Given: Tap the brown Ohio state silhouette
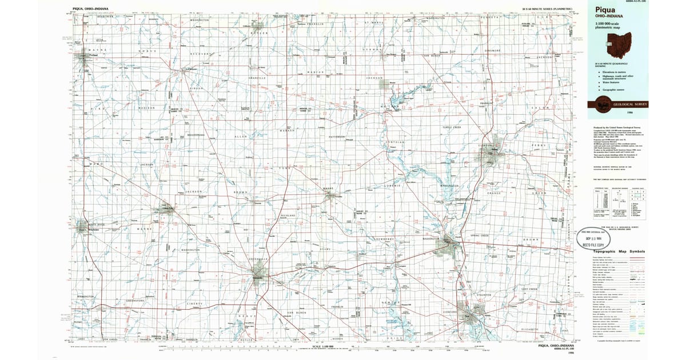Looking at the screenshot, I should click(x=615, y=42).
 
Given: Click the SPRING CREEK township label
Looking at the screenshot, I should click(x=480, y=235).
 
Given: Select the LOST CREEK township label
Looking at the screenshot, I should click(x=529, y=289).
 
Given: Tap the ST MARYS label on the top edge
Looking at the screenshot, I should click(x=373, y=23).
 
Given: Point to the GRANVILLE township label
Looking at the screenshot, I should click(x=257, y=78).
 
